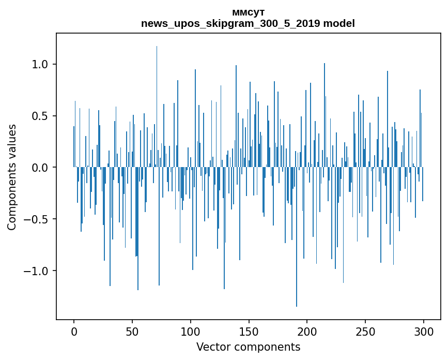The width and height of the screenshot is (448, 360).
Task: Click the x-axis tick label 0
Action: tap(74, 331)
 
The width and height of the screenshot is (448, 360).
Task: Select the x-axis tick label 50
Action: tap(132, 331)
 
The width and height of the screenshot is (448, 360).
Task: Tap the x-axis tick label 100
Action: tap(191, 331)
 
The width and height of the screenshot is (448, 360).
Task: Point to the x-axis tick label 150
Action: tap(249, 331)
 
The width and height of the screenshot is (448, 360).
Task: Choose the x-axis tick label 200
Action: tap(307, 331)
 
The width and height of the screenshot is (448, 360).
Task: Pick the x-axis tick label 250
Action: tap(365, 331)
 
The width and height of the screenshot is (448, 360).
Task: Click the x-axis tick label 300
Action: tap(424, 331)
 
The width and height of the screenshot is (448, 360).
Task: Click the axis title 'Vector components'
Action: tap(248, 347)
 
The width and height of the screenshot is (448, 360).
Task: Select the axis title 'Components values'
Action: tap(12, 177)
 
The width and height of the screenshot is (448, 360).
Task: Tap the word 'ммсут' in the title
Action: tap(248, 12)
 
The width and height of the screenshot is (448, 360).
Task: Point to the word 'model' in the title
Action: tap(338, 24)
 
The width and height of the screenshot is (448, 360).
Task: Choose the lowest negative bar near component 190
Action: tap(297, 238)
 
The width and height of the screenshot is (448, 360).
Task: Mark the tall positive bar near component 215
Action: tap(325, 114)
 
